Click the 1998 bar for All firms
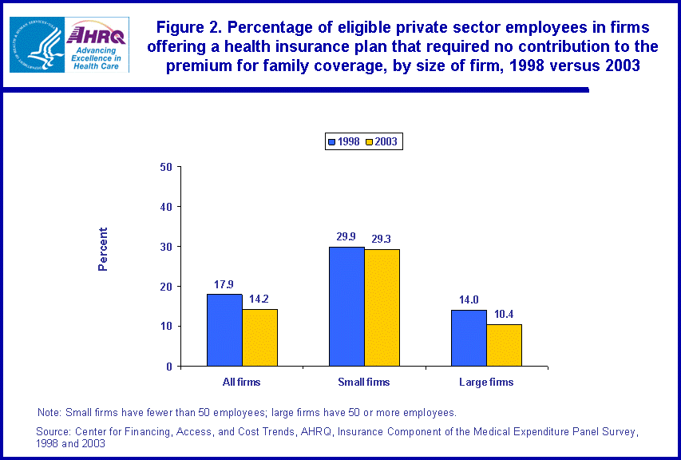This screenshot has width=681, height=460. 224,330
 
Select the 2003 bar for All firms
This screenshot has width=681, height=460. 259,337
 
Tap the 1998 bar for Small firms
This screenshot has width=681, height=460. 346,306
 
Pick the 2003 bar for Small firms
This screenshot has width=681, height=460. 382,307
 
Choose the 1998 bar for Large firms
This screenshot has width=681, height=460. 469,338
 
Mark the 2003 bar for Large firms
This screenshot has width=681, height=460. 504,345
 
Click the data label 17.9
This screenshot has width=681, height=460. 224,284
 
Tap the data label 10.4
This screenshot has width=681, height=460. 505,314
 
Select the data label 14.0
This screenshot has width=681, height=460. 469,299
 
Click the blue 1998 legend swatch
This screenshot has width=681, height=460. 332,142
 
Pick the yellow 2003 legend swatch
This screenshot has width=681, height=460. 369,142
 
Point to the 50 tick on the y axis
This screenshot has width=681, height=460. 166,167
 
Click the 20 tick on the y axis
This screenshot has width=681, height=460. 166,287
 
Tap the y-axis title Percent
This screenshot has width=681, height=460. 103,249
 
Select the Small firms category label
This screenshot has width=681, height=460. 364,383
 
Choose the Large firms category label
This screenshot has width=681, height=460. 486,383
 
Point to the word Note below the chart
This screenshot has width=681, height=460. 49,413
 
